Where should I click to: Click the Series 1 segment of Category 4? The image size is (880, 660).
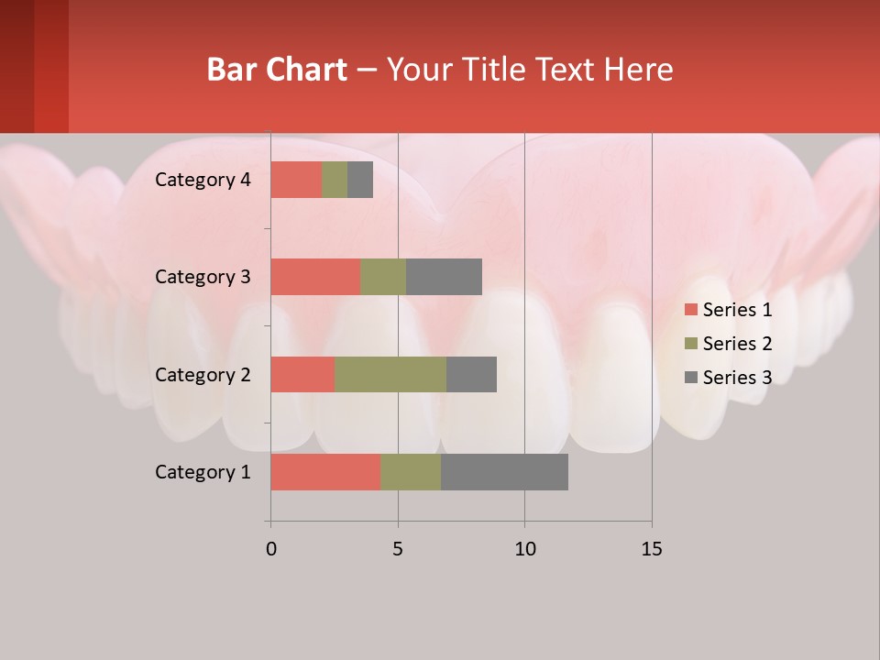[x=296, y=180]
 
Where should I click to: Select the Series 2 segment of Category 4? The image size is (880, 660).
[x=335, y=180]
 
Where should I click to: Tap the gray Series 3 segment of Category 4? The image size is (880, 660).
[x=360, y=180]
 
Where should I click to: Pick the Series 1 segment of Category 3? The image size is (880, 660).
[x=315, y=277]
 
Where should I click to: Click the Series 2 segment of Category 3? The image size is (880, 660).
[x=383, y=277]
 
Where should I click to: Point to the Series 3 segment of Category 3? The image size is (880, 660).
[x=444, y=277]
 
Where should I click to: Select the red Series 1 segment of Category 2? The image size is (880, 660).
[x=302, y=374]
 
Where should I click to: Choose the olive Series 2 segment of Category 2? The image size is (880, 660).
[x=390, y=374]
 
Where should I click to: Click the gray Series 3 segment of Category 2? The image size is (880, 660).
[x=471, y=374]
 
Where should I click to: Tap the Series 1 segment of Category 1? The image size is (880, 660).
[x=325, y=472]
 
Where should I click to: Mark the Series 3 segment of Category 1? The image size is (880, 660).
[x=504, y=472]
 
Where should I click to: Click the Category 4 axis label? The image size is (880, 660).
[x=203, y=180]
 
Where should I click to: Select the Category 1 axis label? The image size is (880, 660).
[x=203, y=472]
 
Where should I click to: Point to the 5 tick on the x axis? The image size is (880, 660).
[x=398, y=549]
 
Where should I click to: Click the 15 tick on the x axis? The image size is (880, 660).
[x=652, y=549]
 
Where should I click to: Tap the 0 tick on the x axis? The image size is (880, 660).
[x=270, y=549]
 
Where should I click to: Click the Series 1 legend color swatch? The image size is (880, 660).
[x=690, y=310]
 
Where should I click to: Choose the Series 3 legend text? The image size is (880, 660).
[x=737, y=378]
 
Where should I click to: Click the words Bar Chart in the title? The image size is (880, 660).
[x=277, y=70]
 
